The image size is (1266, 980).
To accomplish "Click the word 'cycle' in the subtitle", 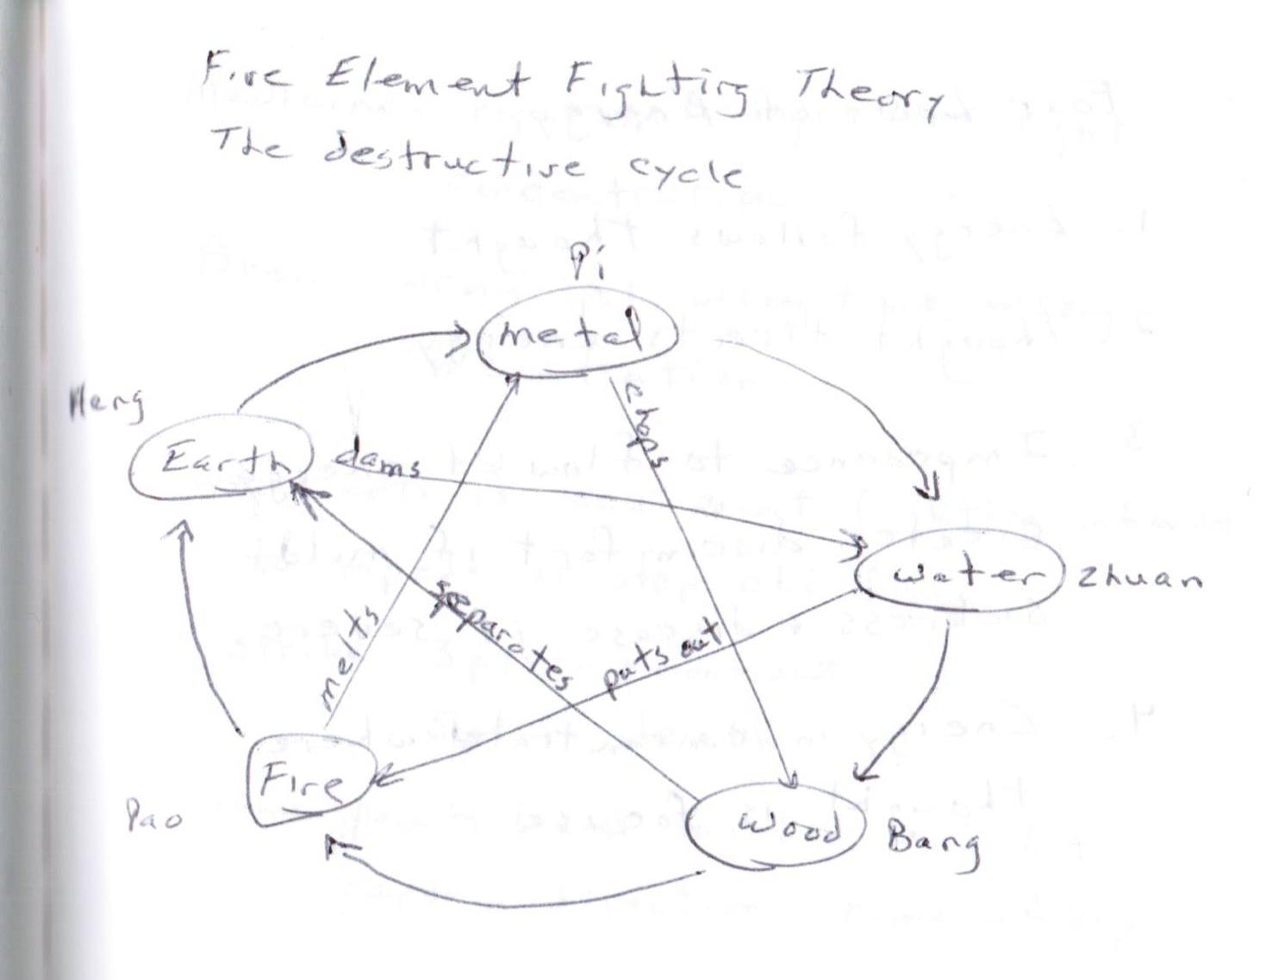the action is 685,169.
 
